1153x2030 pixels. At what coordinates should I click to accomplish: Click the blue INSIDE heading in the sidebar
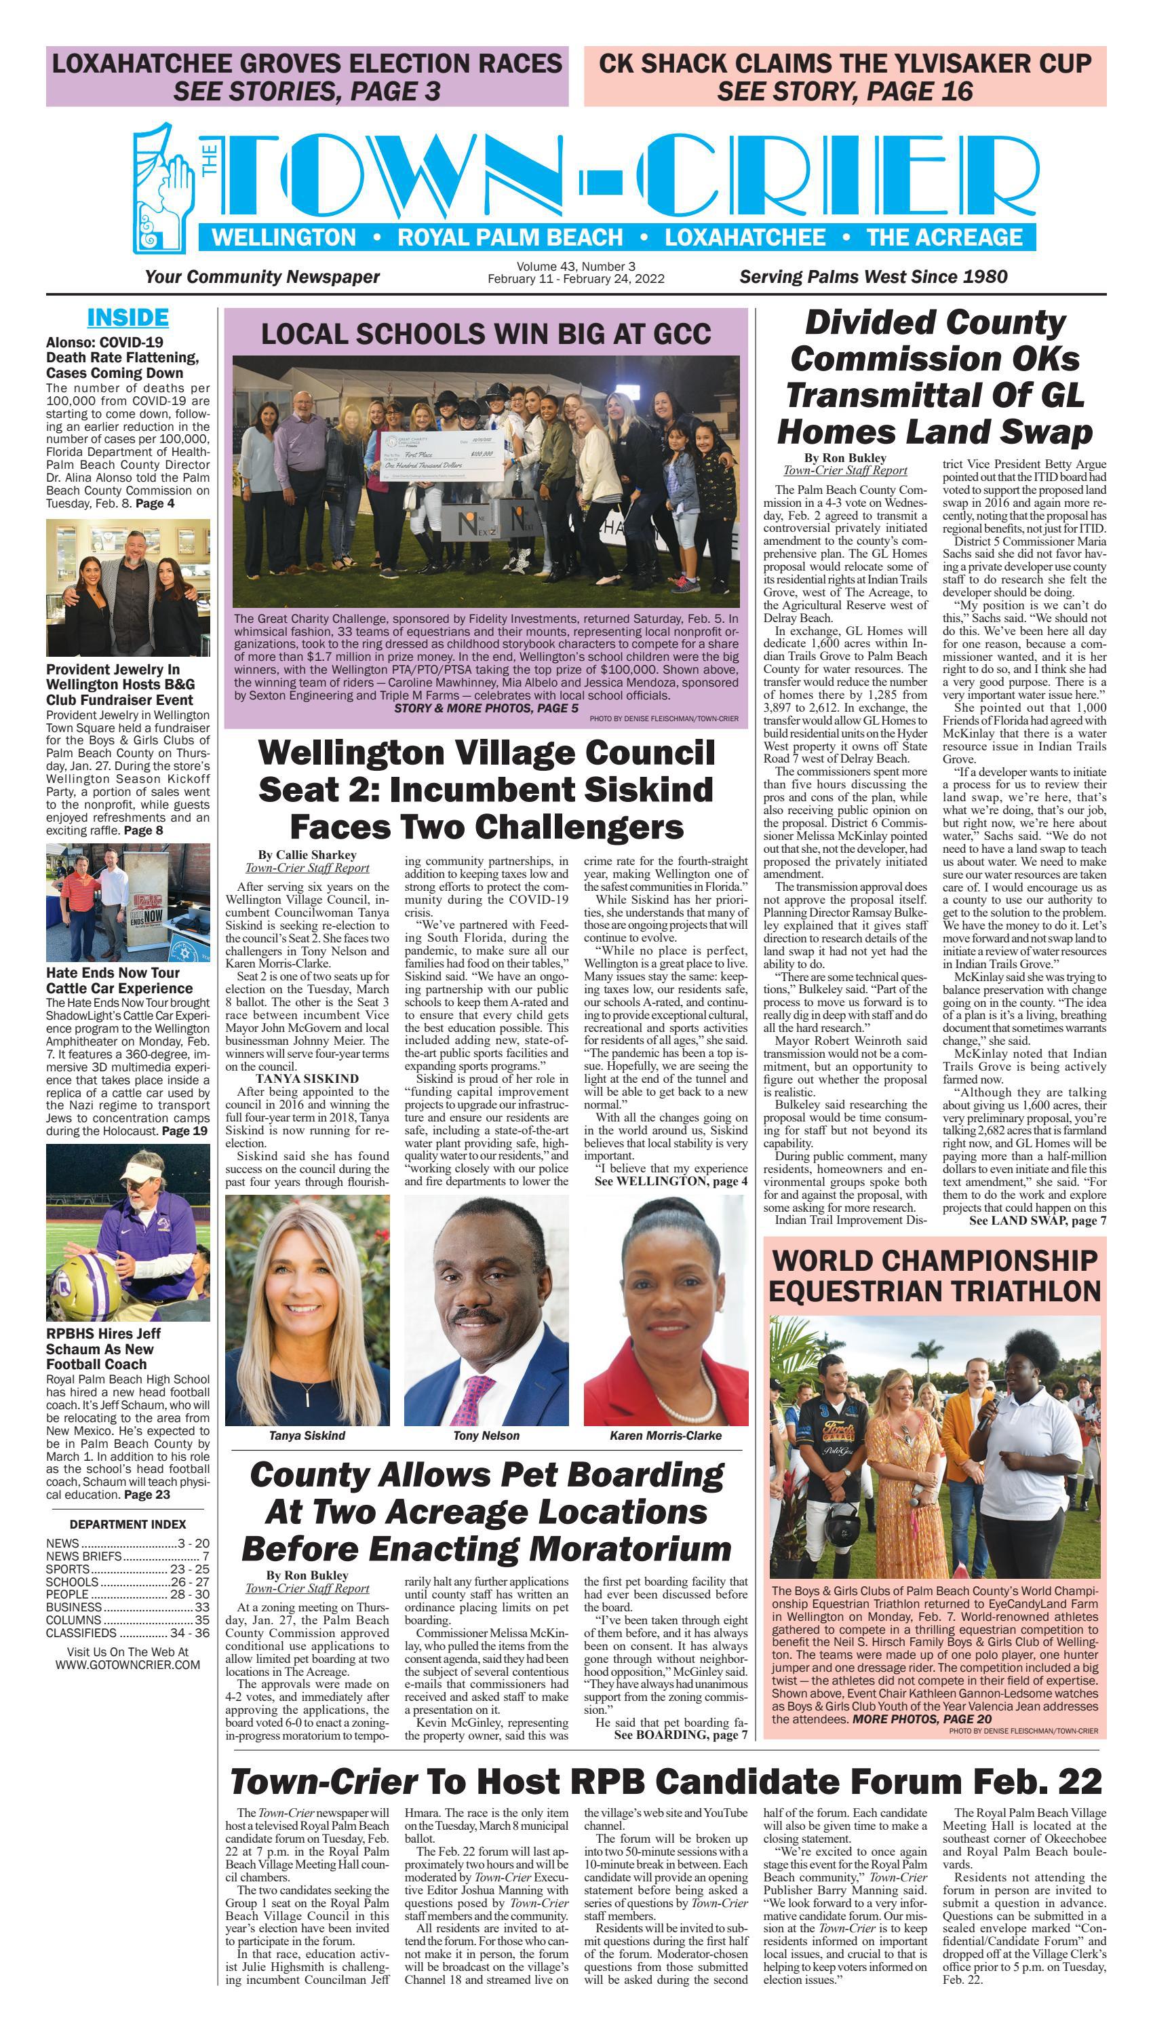pyautogui.click(x=128, y=318)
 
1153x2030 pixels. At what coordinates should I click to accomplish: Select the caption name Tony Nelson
pyautogui.click(x=486, y=1435)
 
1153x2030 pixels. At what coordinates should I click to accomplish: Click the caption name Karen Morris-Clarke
pyautogui.click(x=665, y=1435)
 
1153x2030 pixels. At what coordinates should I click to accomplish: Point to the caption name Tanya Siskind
pyautogui.click(x=307, y=1435)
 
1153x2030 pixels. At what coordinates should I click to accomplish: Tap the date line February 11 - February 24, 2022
pyautogui.click(x=576, y=279)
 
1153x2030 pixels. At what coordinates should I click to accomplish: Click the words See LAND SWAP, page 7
pyautogui.click(x=1038, y=1221)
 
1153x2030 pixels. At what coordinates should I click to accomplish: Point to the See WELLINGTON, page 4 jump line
pyautogui.click(x=671, y=1181)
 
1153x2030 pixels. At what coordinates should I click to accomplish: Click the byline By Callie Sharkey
pyautogui.click(x=307, y=855)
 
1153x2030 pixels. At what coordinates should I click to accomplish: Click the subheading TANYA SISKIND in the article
pyautogui.click(x=307, y=1078)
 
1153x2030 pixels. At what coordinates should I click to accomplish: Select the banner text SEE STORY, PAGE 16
pyautogui.click(x=845, y=91)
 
